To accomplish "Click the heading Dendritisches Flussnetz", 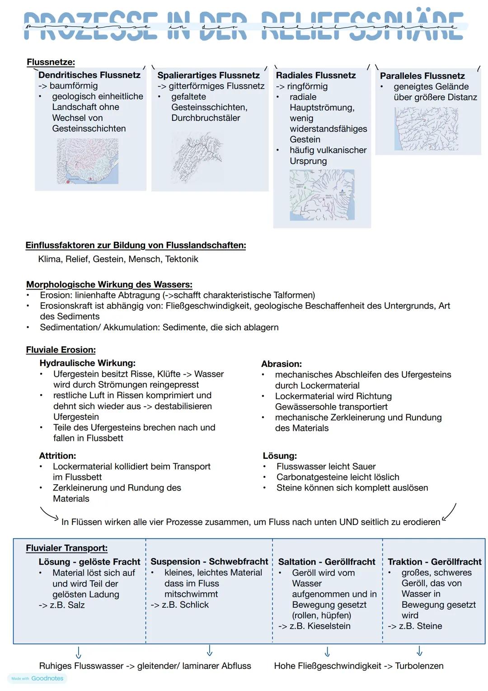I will (x=89, y=75).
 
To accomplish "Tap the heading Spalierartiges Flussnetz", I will (x=208, y=76).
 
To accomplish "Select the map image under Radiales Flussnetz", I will (x=322, y=195).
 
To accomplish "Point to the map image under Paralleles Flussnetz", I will (x=426, y=129).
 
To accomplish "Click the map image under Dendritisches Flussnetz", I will (x=88, y=161).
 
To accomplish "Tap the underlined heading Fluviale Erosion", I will (x=61, y=350).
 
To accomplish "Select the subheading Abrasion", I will (x=281, y=364).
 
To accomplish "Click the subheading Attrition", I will (x=57, y=456).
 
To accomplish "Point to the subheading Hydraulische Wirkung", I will (x=87, y=363).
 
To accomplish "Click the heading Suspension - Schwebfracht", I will (x=209, y=562).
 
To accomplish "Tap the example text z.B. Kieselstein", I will (x=320, y=626).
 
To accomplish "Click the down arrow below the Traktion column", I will (x=419, y=651).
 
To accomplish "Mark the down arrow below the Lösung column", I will (x=79, y=652).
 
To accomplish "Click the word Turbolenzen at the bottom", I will (x=419, y=666).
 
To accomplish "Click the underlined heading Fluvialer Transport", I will (x=66, y=548).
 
